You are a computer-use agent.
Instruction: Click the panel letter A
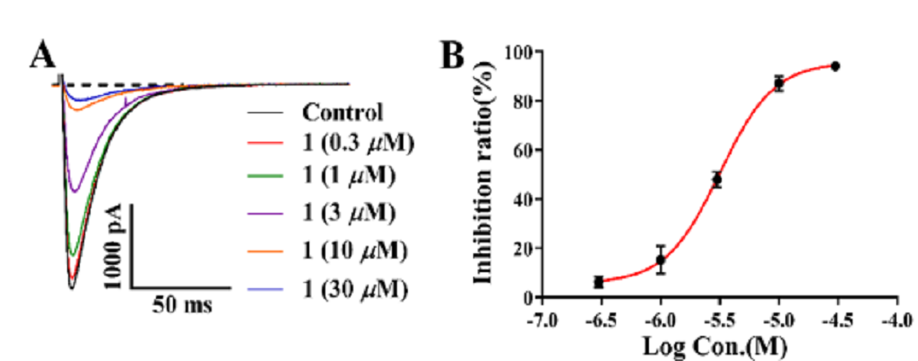click(43, 55)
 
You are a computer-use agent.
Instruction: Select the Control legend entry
click(342, 113)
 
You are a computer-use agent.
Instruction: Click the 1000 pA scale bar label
click(113, 247)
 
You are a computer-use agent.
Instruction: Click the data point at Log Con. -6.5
click(599, 282)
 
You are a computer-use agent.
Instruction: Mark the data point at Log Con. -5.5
click(717, 180)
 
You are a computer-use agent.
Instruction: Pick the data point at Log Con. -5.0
click(779, 84)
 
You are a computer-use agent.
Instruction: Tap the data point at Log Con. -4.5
click(835, 66)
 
